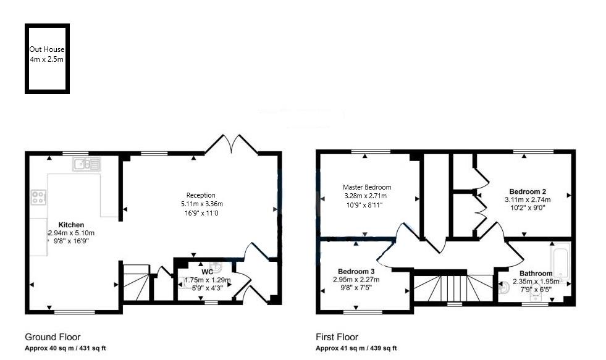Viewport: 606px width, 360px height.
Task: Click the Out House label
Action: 47,49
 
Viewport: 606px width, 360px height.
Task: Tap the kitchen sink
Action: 86,164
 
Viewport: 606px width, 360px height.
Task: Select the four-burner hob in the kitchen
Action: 39,198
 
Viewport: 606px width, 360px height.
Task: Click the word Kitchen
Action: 71,225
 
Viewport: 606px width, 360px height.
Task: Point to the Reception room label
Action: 201,195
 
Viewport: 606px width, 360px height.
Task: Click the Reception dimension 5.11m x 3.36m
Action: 202,204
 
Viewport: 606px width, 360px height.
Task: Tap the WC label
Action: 208,272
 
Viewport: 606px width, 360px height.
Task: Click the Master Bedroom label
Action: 367,187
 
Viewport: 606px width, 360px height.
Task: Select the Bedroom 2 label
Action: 528,191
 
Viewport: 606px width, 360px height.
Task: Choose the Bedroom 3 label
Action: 356,272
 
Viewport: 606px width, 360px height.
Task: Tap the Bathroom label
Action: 536,274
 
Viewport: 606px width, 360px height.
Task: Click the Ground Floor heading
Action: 53,337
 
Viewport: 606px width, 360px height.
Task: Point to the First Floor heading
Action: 337,337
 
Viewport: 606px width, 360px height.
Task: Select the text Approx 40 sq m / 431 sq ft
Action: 65,348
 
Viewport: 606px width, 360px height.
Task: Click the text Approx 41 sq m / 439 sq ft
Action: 356,348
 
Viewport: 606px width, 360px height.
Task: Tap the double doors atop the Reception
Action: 232,144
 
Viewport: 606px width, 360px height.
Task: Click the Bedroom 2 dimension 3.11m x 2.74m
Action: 528,199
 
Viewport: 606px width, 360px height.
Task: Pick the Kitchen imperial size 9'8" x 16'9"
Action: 71,241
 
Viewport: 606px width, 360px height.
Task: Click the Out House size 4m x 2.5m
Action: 47,59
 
